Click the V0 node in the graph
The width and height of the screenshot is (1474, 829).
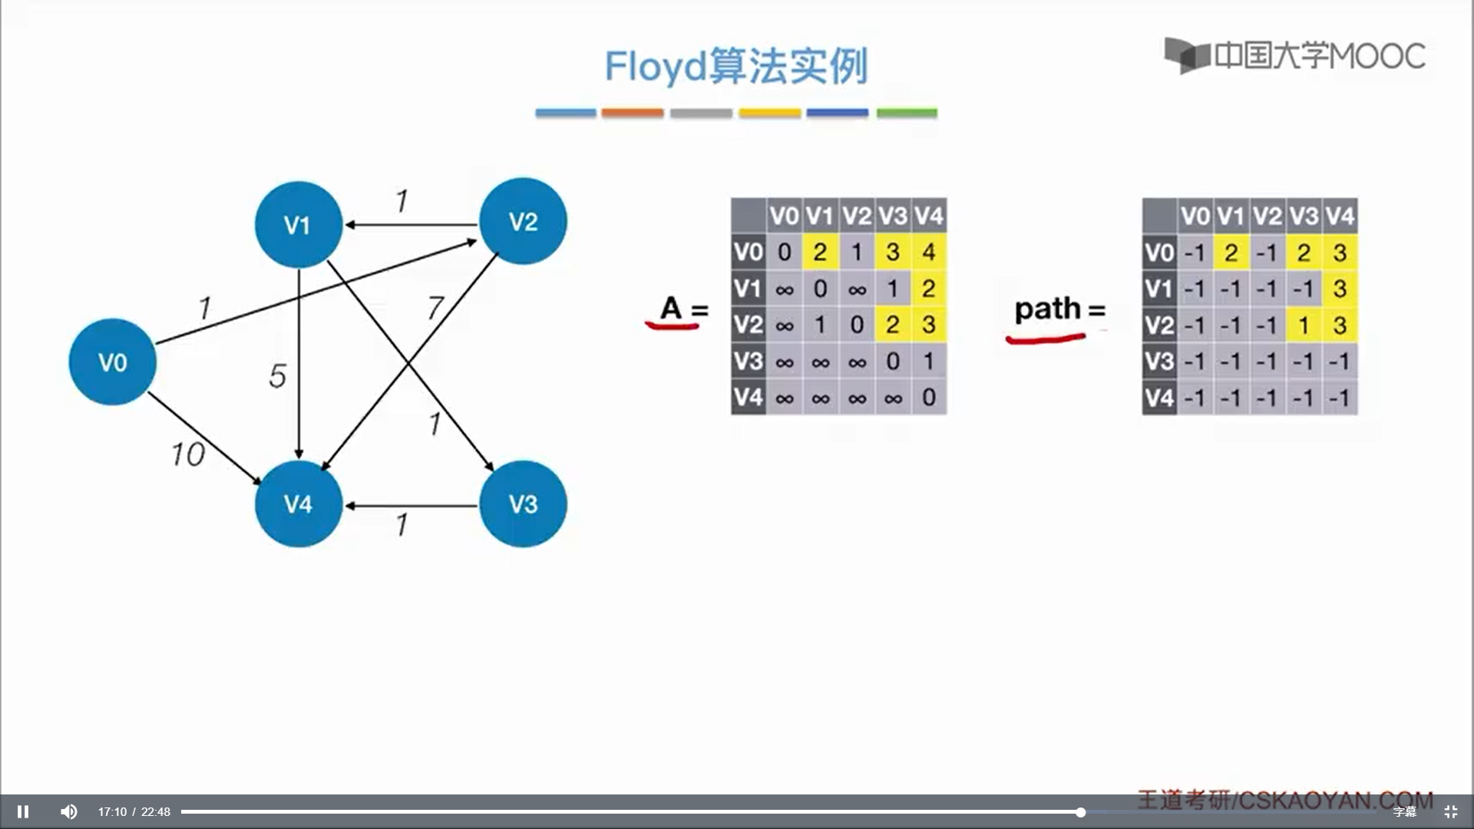pyautogui.click(x=112, y=362)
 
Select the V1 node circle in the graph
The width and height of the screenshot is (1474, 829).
pyautogui.click(x=298, y=225)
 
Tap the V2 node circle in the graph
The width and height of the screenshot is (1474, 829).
pyautogui.click(x=523, y=222)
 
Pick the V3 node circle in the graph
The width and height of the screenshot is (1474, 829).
pyautogui.click(x=523, y=504)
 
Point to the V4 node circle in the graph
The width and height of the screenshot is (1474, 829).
pyautogui.click(x=298, y=504)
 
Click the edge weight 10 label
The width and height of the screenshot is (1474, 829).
pyautogui.click(x=188, y=454)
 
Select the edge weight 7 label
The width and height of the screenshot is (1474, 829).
pyautogui.click(x=435, y=308)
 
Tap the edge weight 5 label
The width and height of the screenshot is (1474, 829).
pyautogui.click(x=277, y=376)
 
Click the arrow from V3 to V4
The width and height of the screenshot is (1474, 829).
pyautogui.click(x=411, y=506)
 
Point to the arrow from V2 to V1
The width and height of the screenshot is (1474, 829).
pyautogui.click(x=411, y=225)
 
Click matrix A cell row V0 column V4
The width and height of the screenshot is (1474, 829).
pyautogui.click(x=929, y=252)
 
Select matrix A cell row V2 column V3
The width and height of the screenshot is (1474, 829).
pyautogui.click(x=893, y=325)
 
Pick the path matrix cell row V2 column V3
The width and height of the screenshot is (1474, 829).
pyautogui.click(x=1304, y=325)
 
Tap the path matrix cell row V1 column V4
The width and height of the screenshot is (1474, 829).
pyautogui.click(x=1340, y=289)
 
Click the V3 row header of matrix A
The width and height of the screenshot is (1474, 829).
pyautogui.click(x=748, y=361)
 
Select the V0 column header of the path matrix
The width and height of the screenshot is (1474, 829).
pyautogui.click(x=1195, y=216)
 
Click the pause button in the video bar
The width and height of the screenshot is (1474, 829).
pyautogui.click(x=23, y=811)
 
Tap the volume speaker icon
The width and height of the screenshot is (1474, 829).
pyautogui.click(x=69, y=811)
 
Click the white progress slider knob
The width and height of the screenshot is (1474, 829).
pyautogui.click(x=1080, y=812)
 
